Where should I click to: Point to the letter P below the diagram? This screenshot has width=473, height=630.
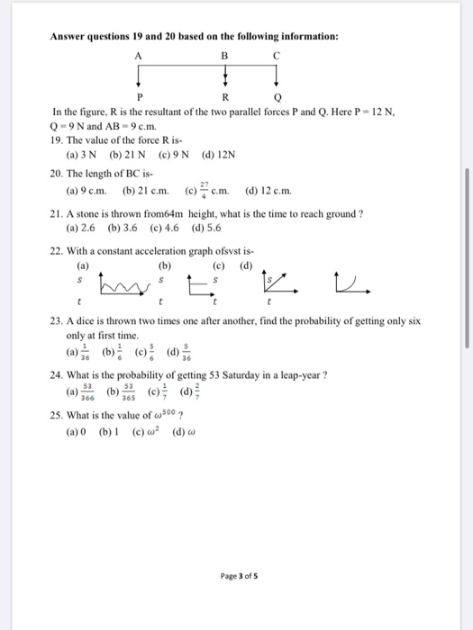[140, 97]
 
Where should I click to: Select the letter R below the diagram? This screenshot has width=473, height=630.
[225, 97]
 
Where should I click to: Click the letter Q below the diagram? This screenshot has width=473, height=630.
[277, 97]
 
